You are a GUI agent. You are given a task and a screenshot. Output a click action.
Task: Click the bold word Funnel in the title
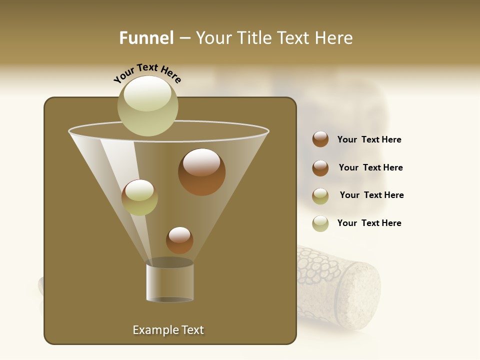pos(146,38)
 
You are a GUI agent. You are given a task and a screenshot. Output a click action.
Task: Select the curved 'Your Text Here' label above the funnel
pos(147,73)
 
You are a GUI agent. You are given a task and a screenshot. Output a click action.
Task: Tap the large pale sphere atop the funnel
pos(148,105)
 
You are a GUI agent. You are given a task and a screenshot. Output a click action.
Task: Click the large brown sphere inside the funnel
pos(201,172)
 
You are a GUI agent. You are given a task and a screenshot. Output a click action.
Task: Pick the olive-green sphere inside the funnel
pos(139,197)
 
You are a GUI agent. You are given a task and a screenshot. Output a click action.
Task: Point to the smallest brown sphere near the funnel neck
pos(179,240)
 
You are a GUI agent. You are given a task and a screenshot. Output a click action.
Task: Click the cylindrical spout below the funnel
pos(169,282)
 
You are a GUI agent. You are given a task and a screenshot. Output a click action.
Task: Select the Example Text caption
pos(168,330)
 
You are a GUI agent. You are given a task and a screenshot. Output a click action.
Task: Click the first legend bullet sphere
pos(320,139)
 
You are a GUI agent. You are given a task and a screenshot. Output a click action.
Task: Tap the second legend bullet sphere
pos(320,168)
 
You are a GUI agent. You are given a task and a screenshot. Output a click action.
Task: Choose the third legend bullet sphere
pos(320,196)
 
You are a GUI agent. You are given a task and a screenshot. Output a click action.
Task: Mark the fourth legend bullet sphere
pos(320,223)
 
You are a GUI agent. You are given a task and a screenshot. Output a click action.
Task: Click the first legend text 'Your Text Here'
pos(369,140)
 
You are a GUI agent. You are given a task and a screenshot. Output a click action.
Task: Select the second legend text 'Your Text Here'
pos(370,168)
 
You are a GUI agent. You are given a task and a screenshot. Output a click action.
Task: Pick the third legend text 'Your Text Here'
pos(371,195)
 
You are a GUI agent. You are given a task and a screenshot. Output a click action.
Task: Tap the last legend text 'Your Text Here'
pos(369,223)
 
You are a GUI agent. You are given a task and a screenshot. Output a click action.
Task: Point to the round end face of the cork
pos(359,295)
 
